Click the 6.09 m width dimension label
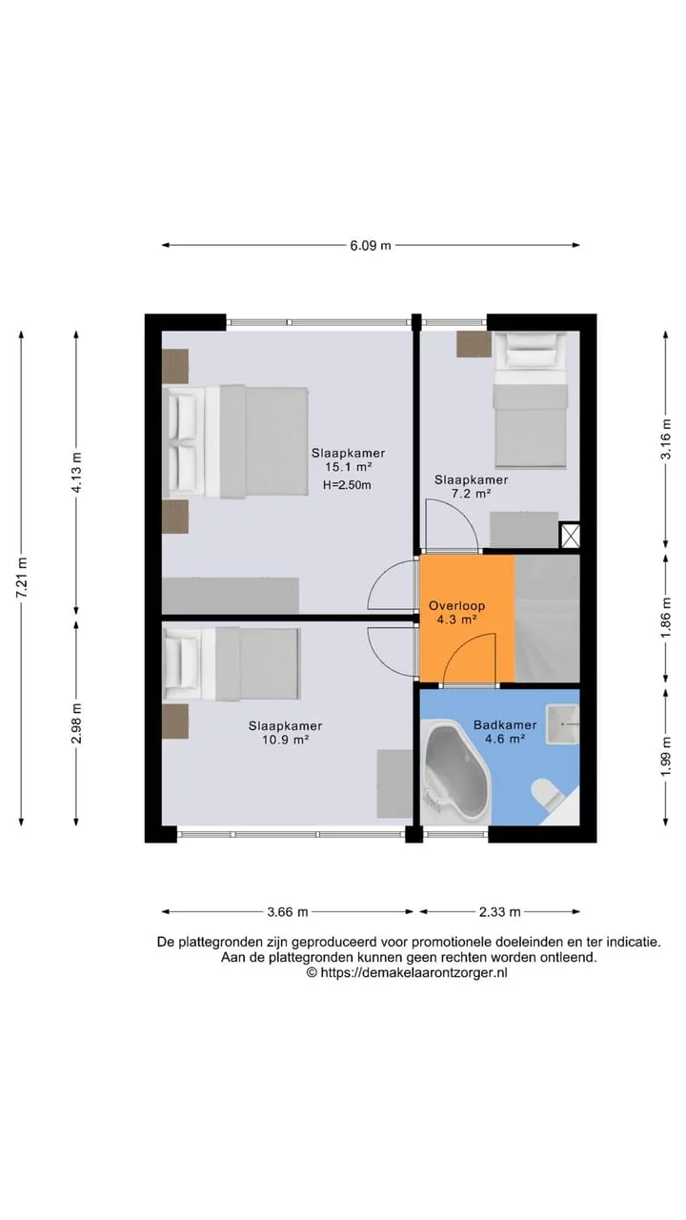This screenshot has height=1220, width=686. (x=371, y=245)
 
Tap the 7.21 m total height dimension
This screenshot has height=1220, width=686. (x=22, y=578)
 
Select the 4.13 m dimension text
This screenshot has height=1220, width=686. (x=76, y=472)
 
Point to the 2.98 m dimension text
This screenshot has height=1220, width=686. (x=76, y=722)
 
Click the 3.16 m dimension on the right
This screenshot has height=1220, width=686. (x=665, y=439)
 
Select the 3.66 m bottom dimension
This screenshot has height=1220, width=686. (x=288, y=912)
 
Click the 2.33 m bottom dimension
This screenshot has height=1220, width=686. (x=500, y=912)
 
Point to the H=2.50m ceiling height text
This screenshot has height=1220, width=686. (x=347, y=485)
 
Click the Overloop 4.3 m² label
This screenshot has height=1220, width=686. (x=456, y=612)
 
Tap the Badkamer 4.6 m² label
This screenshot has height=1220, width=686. (x=505, y=731)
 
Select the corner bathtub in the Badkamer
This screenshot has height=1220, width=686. (x=456, y=772)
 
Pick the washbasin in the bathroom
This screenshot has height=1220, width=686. (x=563, y=723)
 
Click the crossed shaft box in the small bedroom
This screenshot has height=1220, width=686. (x=570, y=536)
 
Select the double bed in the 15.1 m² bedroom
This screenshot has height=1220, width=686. (x=235, y=441)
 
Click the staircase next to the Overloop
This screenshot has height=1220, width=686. (x=547, y=618)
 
